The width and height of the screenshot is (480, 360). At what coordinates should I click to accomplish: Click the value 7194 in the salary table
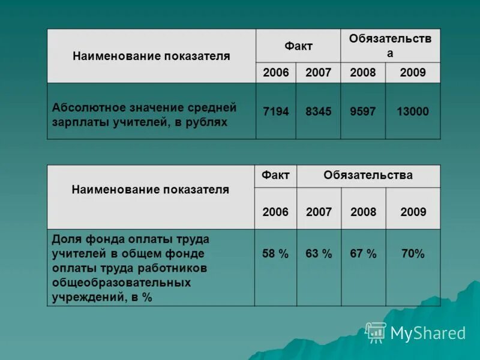coord(276,112)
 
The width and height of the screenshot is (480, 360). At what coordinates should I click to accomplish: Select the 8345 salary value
coord(318,112)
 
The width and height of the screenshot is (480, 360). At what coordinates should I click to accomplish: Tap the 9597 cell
coord(362,112)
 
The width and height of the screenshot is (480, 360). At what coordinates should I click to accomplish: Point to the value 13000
coord(413,112)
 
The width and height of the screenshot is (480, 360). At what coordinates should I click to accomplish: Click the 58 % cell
coord(275,254)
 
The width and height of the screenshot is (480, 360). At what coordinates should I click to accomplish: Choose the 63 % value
coord(319,254)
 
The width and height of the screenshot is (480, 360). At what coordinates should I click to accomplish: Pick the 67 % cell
coord(363,254)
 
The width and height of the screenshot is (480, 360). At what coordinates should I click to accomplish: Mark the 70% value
coord(413,254)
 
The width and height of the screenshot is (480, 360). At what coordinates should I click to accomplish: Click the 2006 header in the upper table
coord(276,73)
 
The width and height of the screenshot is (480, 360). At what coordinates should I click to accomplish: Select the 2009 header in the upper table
coord(413,73)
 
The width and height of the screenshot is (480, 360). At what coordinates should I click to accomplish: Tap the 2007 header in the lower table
coord(319,212)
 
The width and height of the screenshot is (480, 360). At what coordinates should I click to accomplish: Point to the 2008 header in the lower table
coord(363,212)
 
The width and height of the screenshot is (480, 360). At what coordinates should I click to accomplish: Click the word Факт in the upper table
coord(298,46)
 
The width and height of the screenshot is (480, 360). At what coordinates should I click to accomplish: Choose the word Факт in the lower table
coord(275,175)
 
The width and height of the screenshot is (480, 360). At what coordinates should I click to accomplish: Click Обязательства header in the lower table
coord(368,175)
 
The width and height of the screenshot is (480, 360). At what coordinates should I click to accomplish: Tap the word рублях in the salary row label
coord(208,122)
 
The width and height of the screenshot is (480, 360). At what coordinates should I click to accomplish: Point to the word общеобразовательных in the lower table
coord(121,282)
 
